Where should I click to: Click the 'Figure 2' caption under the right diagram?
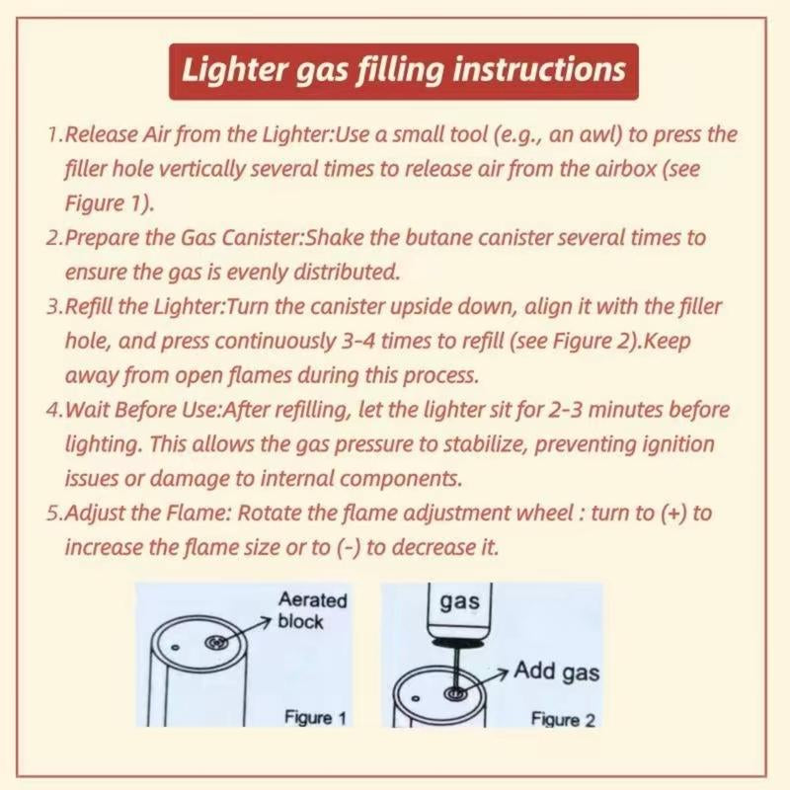point(563,719)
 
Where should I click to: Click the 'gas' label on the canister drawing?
point(458,600)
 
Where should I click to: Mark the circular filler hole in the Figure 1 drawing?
point(215,644)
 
